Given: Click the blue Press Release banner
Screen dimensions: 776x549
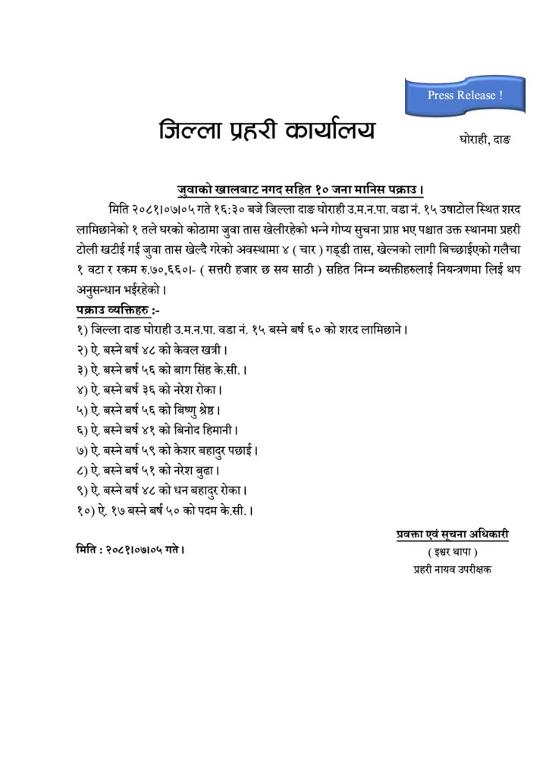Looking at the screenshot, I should click(464, 96).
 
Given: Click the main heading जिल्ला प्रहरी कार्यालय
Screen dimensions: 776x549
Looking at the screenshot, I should click(266, 130).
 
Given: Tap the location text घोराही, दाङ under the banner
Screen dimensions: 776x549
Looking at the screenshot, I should click(485, 140).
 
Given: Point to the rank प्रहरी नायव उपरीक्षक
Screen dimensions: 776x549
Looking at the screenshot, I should click(452, 568).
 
